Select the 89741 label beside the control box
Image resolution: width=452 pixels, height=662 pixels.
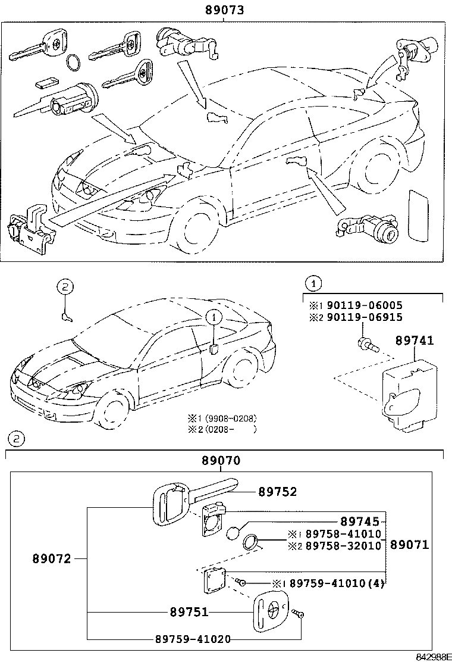click(x=414, y=341)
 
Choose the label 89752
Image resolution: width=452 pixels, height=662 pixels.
click(x=277, y=492)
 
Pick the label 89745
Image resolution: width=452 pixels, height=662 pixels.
click(x=359, y=522)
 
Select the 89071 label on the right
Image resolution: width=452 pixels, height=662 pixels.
click(x=409, y=545)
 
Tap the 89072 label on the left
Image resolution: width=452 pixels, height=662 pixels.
click(x=51, y=559)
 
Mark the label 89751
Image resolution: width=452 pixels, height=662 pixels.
click(x=189, y=612)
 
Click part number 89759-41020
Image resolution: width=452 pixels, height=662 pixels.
click(x=193, y=639)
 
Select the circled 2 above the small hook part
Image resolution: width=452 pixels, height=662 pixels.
click(x=65, y=287)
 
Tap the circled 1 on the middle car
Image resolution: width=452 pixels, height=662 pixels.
click(x=213, y=318)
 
